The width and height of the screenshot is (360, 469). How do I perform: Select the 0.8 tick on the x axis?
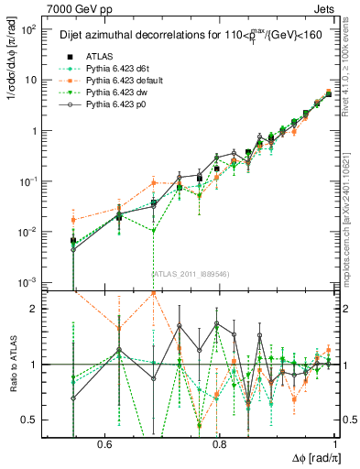click(x=219, y=443)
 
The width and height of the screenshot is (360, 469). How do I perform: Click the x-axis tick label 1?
click(x=335, y=443)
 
